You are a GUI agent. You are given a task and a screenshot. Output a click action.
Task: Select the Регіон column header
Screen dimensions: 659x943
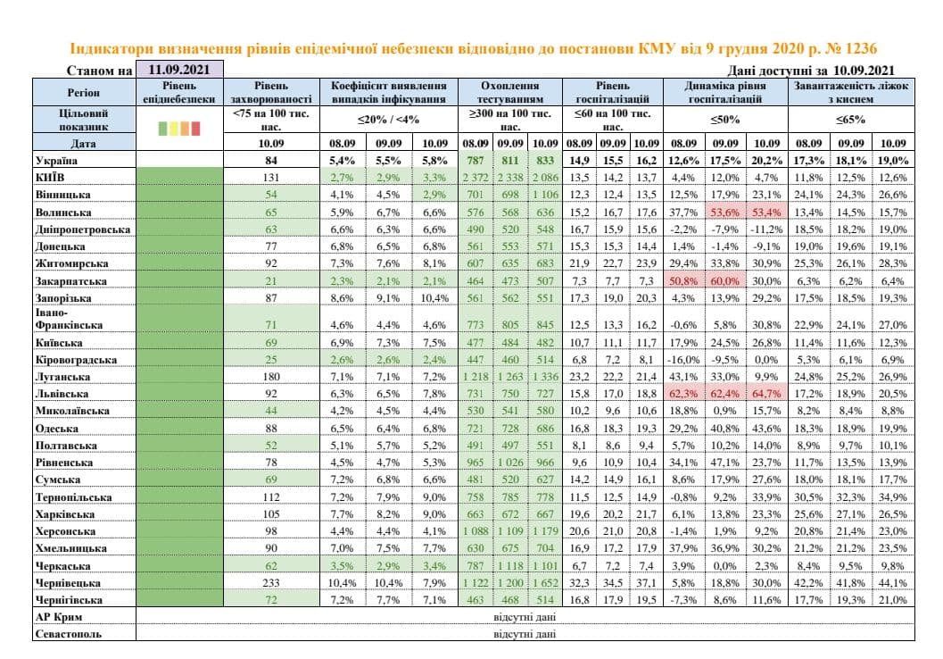click(84, 93)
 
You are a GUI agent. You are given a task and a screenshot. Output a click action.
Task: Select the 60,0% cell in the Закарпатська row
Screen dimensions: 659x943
click(724, 280)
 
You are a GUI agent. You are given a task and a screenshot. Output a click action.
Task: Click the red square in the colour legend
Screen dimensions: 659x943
click(195, 129)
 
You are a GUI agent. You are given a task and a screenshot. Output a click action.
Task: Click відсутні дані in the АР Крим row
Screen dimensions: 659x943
click(525, 617)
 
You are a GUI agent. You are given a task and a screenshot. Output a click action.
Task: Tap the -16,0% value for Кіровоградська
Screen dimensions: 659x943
click(682, 360)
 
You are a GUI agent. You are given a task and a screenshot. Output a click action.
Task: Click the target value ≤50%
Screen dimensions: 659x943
click(724, 120)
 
